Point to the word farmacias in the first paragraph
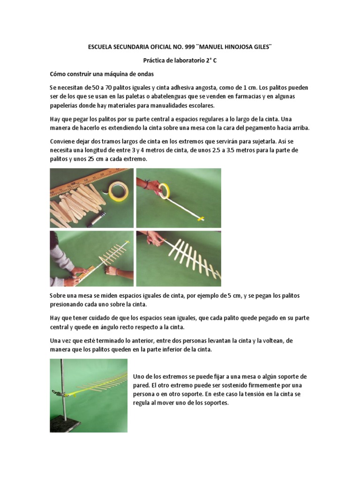(256, 97)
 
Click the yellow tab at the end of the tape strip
(201, 218)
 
